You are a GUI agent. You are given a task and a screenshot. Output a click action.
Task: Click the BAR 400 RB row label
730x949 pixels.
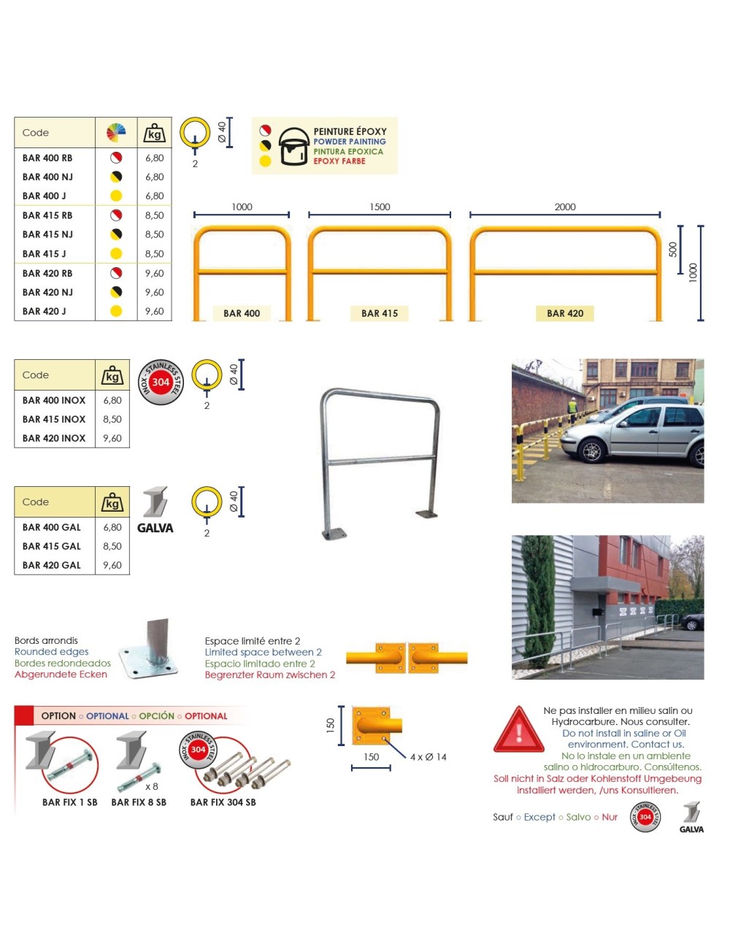coord(47,158)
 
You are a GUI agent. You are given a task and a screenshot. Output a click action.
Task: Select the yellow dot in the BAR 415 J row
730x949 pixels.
coord(115,254)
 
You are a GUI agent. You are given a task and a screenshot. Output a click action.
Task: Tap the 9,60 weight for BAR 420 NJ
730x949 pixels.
coord(154,292)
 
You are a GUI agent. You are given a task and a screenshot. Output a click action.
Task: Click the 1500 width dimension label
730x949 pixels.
coord(380,207)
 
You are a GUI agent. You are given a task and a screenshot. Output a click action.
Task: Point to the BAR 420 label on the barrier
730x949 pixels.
coord(565,313)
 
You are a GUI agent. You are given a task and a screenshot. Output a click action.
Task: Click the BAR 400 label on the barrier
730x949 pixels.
coord(242,313)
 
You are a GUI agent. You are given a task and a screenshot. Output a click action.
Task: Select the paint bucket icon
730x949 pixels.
coord(293,146)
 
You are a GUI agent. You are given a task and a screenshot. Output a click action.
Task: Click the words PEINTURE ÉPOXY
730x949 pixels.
coord(350,131)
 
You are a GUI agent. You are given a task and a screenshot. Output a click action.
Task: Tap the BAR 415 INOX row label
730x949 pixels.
coord(54,419)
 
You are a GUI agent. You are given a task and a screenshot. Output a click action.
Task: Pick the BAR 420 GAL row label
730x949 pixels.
coord(52,565)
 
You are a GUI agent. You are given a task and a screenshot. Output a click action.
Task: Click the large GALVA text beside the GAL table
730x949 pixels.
coord(155,528)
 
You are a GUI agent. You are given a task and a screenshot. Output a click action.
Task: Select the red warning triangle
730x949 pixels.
coord(518,730)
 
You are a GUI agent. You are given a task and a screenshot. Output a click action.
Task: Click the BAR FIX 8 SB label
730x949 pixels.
coord(139,802)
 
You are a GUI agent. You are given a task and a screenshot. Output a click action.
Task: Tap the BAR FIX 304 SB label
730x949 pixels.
coord(223,802)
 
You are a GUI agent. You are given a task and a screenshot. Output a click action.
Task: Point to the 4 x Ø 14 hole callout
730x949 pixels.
coord(428,757)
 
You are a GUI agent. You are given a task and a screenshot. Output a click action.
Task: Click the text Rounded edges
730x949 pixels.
coord(52,652)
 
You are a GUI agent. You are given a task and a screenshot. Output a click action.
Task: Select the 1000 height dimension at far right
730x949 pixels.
coord(693,273)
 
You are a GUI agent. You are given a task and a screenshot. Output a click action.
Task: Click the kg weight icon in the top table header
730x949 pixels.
coord(155,134)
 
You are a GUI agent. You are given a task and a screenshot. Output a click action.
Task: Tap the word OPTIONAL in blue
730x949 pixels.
coord(107,716)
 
